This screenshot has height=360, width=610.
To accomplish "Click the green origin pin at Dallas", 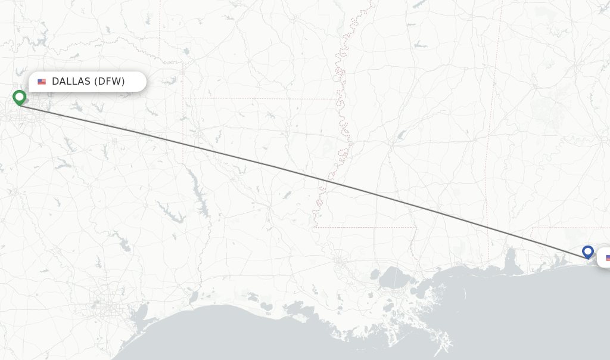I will click(19, 97).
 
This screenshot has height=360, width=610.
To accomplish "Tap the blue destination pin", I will click(588, 252).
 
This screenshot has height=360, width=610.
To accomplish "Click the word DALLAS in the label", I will click(71, 82).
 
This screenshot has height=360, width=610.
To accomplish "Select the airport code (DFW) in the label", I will click(110, 82).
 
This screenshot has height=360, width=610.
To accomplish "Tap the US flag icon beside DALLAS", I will click(42, 82).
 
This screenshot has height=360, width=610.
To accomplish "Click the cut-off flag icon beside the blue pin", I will click(608, 257).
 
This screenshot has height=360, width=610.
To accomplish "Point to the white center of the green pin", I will click(19, 95).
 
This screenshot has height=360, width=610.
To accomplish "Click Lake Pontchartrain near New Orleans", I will click(393, 277).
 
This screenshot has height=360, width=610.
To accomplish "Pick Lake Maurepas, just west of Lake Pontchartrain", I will click(374, 275).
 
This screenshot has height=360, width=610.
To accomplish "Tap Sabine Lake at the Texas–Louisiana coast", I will click(192, 296).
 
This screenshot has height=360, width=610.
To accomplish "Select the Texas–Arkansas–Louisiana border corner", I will click(183, 98).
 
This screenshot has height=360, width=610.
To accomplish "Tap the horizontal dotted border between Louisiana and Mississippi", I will click(363, 227).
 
